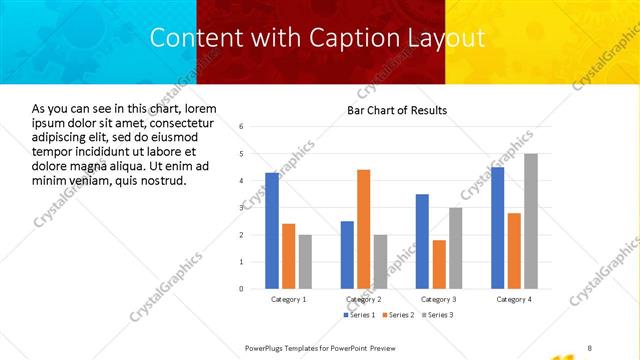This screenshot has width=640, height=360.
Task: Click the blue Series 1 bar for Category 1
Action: coord(272,230)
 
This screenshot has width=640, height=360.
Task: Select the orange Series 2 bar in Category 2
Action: coord(363,229)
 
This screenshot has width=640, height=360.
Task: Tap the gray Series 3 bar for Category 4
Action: coord(531,221)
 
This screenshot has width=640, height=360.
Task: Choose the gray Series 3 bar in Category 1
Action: coord(305,261)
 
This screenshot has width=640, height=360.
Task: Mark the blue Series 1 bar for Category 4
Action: coord(498,227)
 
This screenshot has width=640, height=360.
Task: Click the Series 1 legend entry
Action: coord(362,315)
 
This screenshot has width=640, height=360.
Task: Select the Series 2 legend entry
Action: coord(397,315)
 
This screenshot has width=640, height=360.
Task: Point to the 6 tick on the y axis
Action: coord(241,127)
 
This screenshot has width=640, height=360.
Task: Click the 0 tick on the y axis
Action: coord(241,289)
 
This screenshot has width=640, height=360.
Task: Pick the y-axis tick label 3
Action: coord(241,208)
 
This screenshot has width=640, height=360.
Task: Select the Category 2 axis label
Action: coord(363,299)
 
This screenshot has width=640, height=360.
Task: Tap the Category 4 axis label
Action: coord(514,299)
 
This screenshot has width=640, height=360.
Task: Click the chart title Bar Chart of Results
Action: coord(397,110)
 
